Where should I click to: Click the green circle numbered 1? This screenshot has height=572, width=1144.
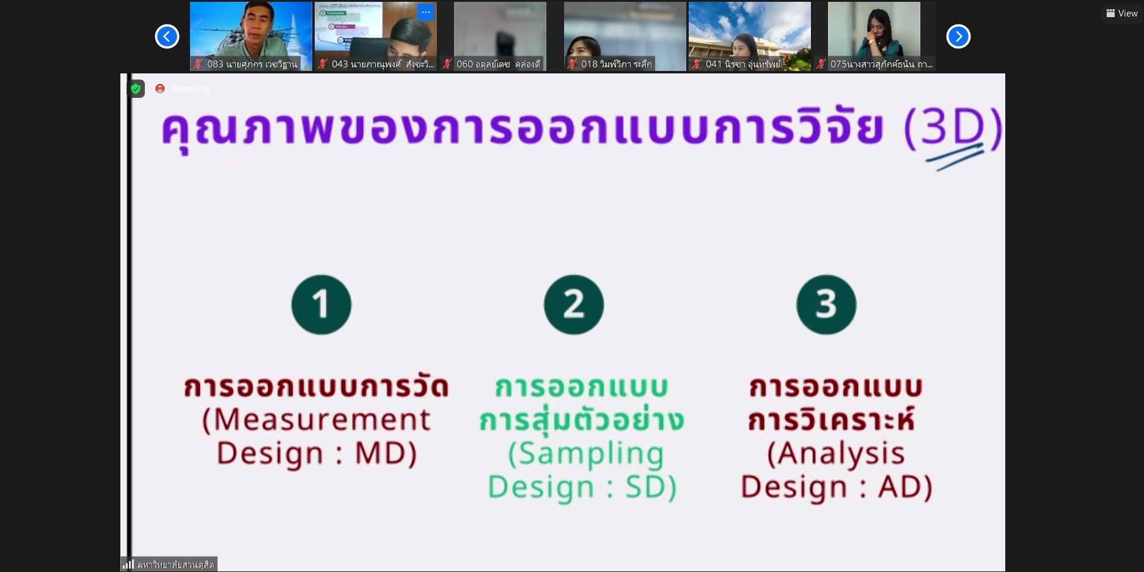pyautogui.click(x=321, y=305)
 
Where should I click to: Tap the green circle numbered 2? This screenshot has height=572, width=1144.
pyautogui.click(x=574, y=305)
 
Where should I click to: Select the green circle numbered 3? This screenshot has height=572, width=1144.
pyautogui.click(x=826, y=305)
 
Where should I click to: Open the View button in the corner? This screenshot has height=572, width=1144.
pyautogui.click(x=1122, y=13)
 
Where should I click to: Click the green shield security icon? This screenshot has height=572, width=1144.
pyautogui.click(x=136, y=89)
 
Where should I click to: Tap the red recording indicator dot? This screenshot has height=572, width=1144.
pyautogui.click(x=160, y=89)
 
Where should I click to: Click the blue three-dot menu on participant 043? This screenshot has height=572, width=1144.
pyautogui.click(x=426, y=12)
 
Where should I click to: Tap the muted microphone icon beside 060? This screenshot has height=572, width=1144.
pyautogui.click(x=447, y=64)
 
